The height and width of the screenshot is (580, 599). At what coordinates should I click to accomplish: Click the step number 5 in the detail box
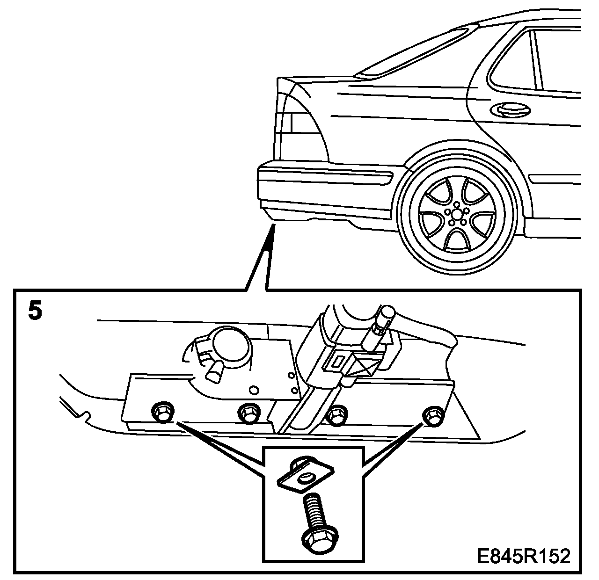(35, 311)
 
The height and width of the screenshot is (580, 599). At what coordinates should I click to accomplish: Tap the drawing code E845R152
(524, 557)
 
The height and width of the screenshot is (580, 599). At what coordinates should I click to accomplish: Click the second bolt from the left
(248, 412)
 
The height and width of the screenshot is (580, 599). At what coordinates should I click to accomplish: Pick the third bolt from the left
(336, 414)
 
